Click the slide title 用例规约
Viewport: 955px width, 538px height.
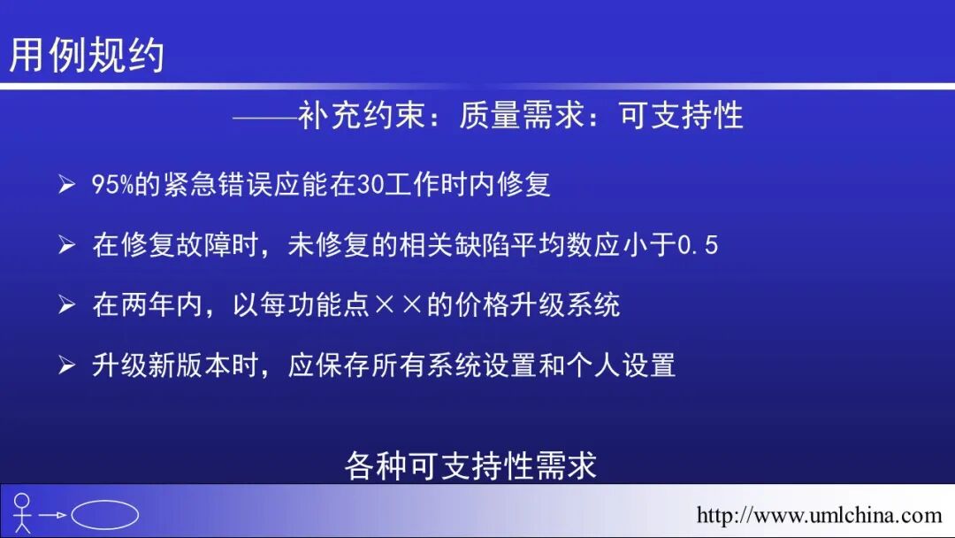[x=87, y=54]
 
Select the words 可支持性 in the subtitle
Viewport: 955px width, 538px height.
[x=682, y=116]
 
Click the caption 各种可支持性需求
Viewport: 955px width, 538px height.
[x=471, y=465]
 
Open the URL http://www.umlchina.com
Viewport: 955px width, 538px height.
[x=819, y=515]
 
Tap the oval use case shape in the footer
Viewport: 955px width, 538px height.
[x=104, y=514]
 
